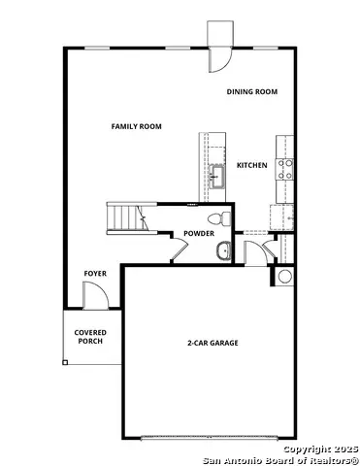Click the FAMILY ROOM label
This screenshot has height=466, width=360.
136,126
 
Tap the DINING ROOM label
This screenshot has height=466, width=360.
252,91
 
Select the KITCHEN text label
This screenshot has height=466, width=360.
252,165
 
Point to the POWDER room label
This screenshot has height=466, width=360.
199,234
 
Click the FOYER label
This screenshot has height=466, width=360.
95,274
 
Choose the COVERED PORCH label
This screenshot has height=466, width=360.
90,337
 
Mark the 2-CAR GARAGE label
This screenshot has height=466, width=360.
213,343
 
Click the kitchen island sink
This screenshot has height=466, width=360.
217,176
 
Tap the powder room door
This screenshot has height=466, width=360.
179,250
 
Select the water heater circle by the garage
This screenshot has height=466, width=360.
285,277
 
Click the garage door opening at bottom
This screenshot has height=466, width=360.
213,437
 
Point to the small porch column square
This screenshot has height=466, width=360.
66,362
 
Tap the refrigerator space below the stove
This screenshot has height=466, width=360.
285,193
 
